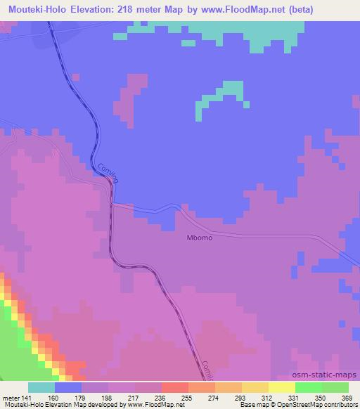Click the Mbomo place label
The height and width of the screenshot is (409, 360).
tap(199, 238)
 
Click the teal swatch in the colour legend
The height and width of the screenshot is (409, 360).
tap(41, 387)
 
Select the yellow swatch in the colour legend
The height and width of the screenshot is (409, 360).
tap(281, 387)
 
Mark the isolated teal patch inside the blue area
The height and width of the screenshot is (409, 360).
tap(219, 97)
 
